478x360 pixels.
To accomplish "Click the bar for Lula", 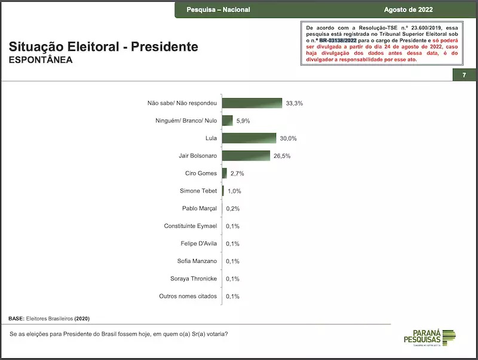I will pyautogui.click(x=249, y=138).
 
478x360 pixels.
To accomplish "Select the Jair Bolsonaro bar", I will pyautogui.click(x=246, y=155).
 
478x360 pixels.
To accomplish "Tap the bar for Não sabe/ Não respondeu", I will pyautogui.click(x=252, y=103).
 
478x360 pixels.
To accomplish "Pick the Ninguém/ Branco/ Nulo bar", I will pyautogui.click(x=228, y=121).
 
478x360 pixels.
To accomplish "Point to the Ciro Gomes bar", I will pyautogui.click(x=225, y=173).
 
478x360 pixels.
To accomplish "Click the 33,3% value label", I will pyautogui.click(x=295, y=103).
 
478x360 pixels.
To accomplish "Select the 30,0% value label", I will pyautogui.click(x=288, y=139).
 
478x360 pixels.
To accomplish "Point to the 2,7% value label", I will pyautogui.click(x=237, y=173).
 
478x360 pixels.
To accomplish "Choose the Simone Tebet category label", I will pyautogui.click(x=198, y=191).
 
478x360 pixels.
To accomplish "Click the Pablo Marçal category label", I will pyautogui.click(x=199, y=209).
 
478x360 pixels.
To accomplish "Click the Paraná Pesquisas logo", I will pyautogui.click(x=431, y=337).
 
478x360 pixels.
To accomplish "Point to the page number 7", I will pyautogui.click(x=464, y=75).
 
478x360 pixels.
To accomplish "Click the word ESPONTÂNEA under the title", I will pyautogui.click(x=41, y=60).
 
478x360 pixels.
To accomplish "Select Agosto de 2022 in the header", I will pyautogui.click(x=409, y=10).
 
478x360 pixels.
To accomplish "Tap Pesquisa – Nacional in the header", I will pyautogui.click(x=218, y=10).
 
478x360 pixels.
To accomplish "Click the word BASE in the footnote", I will pyautogui.click(x=17, y=318).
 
